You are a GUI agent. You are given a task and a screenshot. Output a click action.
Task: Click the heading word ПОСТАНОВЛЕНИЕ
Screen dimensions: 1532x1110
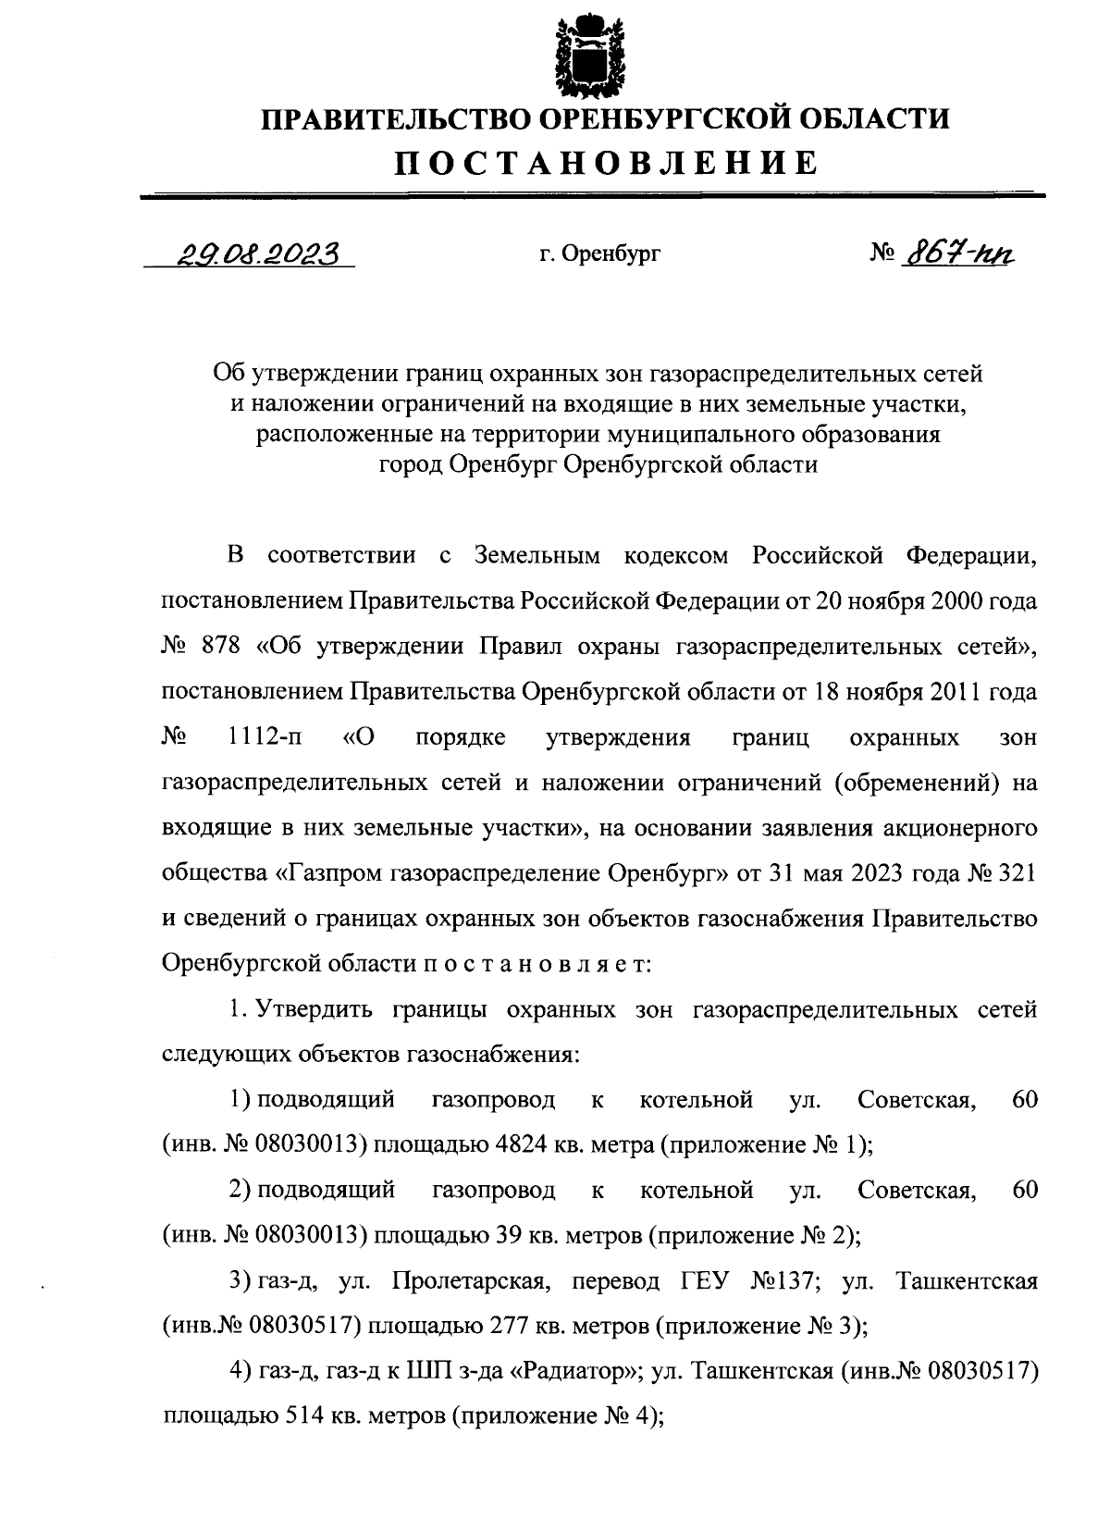(607, 162)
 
